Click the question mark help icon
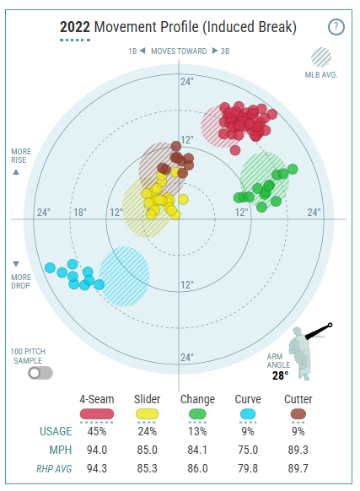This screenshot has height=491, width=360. point(336,27)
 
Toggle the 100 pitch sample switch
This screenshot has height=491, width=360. point(40,373)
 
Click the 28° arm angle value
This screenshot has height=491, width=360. point(280,375)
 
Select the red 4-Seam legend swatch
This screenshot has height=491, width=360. point(97,414)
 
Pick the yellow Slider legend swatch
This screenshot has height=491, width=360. point(148,414)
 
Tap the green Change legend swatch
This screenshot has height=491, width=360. point(197,414)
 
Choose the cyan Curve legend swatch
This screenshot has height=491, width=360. point(248,414)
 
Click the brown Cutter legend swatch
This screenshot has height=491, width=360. point(298,414)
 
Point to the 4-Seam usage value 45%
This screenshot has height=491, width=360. point(97,431)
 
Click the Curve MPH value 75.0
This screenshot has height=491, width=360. point(248,450)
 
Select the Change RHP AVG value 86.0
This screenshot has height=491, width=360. point(197,468)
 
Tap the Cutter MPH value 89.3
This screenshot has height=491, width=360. point(298,450)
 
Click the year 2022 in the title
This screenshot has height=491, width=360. point(75,27)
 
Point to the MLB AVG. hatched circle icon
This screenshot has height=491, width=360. point(321,57)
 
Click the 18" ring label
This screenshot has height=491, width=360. point(80,213)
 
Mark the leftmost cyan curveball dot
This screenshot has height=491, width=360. point(50,268)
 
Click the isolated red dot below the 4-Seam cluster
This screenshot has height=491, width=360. point(235,150)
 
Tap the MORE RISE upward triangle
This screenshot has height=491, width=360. point(16,172)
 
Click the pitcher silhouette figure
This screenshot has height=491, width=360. point(300,353)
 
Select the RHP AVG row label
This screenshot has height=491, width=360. point(54,469)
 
